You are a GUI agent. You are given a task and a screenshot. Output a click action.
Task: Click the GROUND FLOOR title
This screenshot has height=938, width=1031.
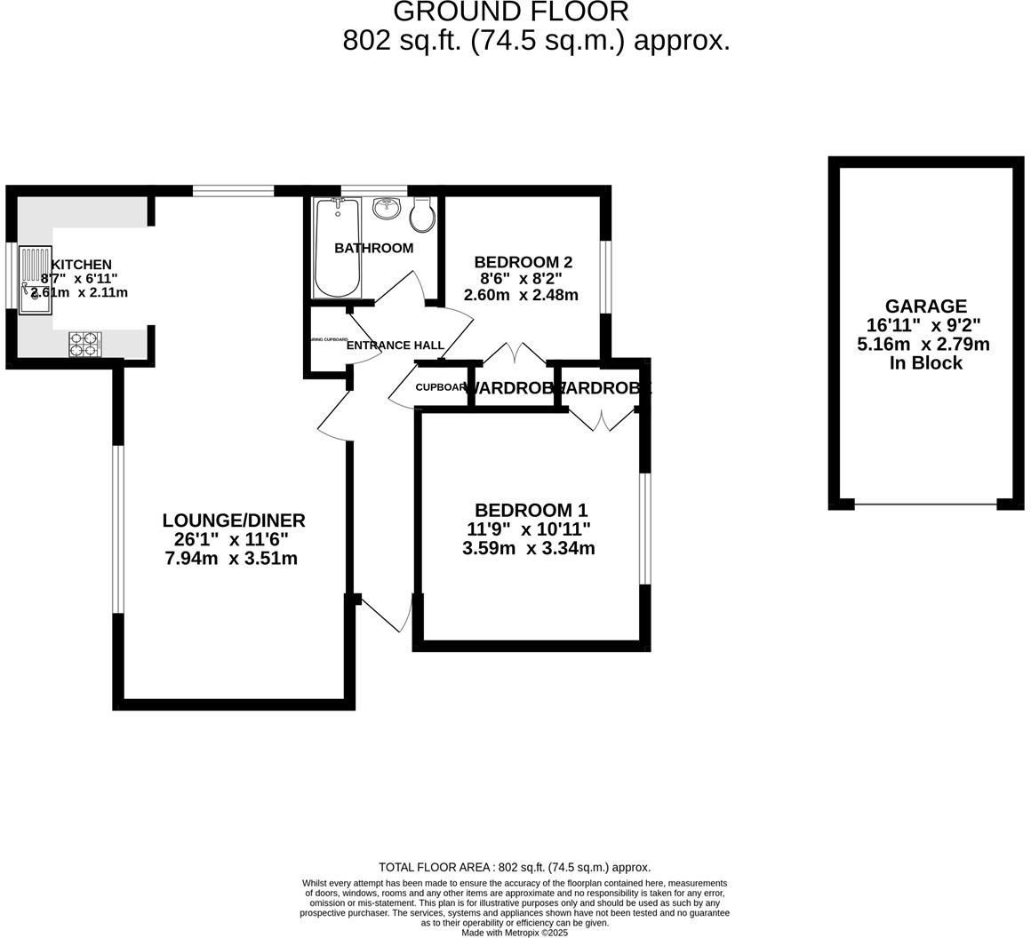pos(510,12)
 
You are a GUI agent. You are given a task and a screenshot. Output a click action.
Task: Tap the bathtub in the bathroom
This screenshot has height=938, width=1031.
pos(337,248)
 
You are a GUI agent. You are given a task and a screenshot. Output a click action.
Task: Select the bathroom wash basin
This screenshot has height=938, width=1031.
pos(387,209)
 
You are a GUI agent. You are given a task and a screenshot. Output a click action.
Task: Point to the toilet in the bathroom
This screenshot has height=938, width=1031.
pos(423,214)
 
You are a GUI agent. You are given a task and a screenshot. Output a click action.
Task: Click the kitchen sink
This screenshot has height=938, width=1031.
pos(35,280)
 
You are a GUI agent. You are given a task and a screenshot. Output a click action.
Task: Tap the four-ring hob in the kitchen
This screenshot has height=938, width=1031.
pos(85,345)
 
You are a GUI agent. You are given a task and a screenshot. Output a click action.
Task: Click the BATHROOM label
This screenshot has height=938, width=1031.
pos(373,248)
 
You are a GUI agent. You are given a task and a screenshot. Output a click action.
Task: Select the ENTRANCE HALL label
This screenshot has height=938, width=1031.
pos(395,346)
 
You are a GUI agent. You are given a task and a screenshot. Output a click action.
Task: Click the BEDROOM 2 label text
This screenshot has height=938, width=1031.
pos(523,262)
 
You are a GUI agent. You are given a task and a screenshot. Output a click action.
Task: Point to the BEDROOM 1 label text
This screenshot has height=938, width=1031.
pos(531,510)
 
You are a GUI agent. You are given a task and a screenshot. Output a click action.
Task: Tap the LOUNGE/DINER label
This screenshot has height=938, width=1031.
pos(234,521)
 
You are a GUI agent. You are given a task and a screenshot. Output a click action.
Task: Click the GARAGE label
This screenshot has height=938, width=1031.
pos(925,306)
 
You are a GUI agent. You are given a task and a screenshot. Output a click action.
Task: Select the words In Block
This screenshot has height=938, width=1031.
pos(925,363)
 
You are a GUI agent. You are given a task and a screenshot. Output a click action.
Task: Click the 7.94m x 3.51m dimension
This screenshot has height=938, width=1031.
pos(231,559)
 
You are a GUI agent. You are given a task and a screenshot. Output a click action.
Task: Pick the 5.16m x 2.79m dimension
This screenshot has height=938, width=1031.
pos(923,345)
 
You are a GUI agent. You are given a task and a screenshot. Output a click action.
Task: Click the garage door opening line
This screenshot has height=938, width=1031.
pos(925,505)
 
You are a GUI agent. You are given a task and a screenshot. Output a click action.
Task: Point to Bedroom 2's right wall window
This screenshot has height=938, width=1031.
pos(605,276)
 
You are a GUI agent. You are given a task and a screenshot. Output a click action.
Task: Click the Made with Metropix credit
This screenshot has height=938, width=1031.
pos(515,933)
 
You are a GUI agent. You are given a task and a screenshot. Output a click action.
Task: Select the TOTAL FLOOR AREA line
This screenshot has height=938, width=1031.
pos(515,867)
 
